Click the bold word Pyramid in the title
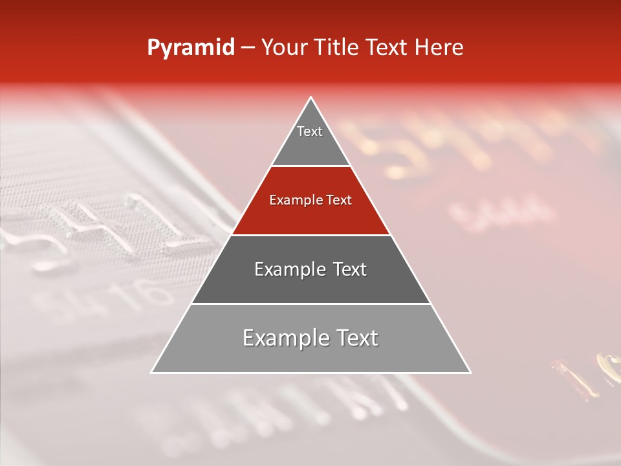coord(191,48)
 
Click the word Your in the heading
coord(285,48)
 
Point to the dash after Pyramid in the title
coord(247,48)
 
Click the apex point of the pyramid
coord(311,98)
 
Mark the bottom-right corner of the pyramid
coord(470,372)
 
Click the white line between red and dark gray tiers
coord(310,235)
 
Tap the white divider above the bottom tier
coord(310,304)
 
